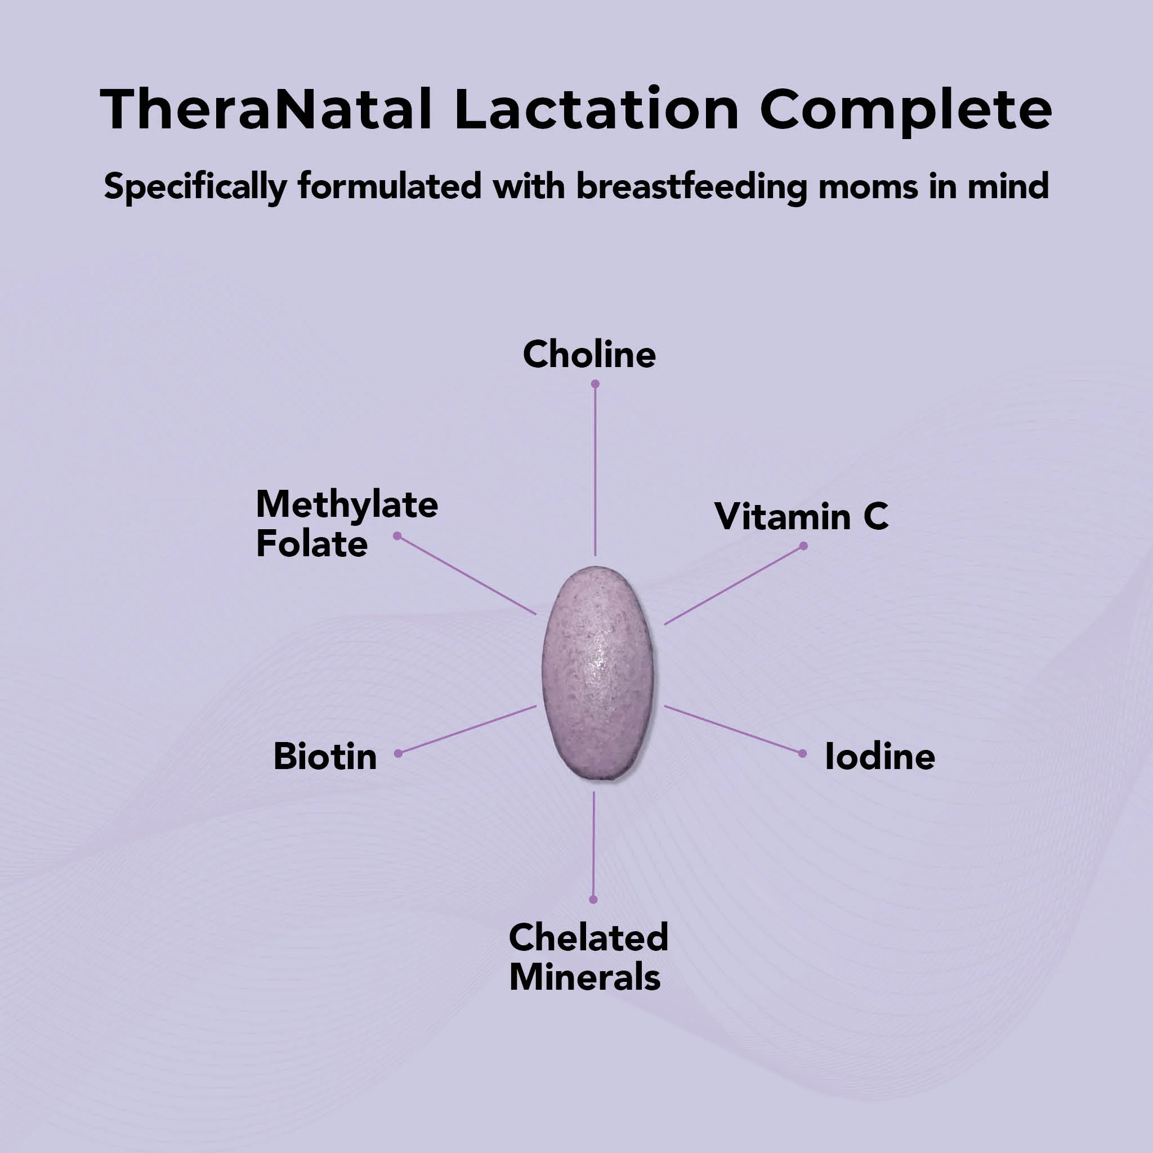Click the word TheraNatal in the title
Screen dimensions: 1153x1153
266,109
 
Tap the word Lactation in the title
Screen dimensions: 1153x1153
597,109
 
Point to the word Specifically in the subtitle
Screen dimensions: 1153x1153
195,187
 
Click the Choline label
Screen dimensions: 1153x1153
589,355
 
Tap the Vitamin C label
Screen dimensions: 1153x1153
801,516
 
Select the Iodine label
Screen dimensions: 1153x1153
880,757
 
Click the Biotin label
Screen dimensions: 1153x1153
325,756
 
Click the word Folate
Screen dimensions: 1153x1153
311,544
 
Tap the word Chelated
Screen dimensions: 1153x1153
588,937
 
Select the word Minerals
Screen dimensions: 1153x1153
585,977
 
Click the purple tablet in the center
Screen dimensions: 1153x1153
597,673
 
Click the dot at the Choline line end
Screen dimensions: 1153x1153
595,385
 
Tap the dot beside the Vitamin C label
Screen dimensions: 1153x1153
803,546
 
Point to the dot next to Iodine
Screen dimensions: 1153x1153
802,754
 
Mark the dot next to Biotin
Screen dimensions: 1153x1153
399,754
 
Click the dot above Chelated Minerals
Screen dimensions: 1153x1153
593,899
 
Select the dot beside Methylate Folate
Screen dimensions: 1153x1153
397,536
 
